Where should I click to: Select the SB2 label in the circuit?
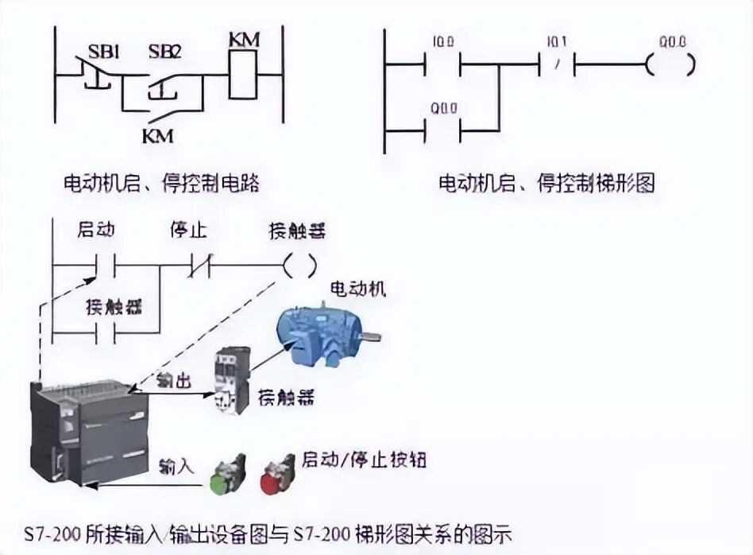click(x=165, y=53)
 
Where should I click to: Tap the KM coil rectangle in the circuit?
click(x=243, y=75)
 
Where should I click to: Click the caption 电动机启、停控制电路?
click(x=162, y=184)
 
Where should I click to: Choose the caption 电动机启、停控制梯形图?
click(x=547, y=184)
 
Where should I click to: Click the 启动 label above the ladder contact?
click(x=96, y=231)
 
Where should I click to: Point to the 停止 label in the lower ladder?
click(x=188, y=231)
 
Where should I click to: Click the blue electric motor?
click(x=325, y=332)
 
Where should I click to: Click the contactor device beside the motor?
click(x=232, y=380)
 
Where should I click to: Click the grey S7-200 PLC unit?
click(x=89, y=429)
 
